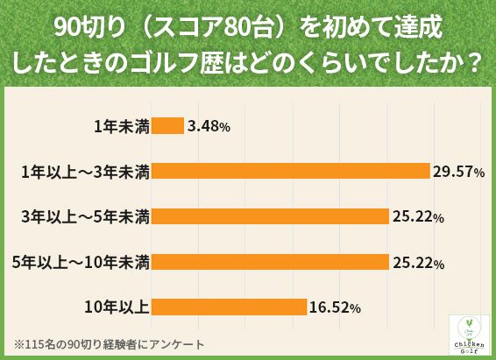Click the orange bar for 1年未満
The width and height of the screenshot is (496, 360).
point(168,125)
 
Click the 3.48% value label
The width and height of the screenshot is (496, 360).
point(209,126)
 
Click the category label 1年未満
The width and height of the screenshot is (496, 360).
point(123,126)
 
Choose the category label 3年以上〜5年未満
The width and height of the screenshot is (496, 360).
point(86,216)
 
